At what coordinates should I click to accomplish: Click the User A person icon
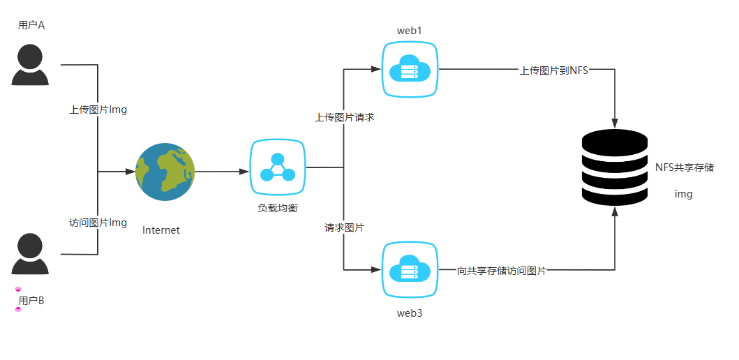click(x=31, y=65)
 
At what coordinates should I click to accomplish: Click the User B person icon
click(x=31, y=254)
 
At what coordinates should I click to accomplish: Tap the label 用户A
click(x=31, y=25)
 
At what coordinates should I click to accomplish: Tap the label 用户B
click(x=31, y=301)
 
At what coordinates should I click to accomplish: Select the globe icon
click(x=165, y=172)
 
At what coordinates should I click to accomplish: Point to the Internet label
click(x=161, y=230)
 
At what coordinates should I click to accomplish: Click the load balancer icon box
click(x=278, y=167)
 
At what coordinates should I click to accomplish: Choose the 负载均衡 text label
click(x=278, y=208)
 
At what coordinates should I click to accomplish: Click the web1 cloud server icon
click(x=410, y=69)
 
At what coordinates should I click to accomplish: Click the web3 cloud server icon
click(x=410, y=270)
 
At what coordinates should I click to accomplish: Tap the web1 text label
click(x=410, y=31)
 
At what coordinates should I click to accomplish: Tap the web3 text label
click(x=410, y=313)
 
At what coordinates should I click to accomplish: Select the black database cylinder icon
click(x=615, y=167)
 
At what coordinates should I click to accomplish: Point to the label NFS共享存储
click(x=684, y=167)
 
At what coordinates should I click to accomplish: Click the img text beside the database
click(x=684, y=194)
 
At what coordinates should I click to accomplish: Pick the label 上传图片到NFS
click(x=554, y=70)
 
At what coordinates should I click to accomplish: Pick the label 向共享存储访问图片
click(x=502, y=270)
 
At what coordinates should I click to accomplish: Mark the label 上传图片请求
click(x=345, y=117)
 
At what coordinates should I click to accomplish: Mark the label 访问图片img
click(x=98, y=223)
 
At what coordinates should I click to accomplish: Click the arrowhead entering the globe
click(x=130, y=172)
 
